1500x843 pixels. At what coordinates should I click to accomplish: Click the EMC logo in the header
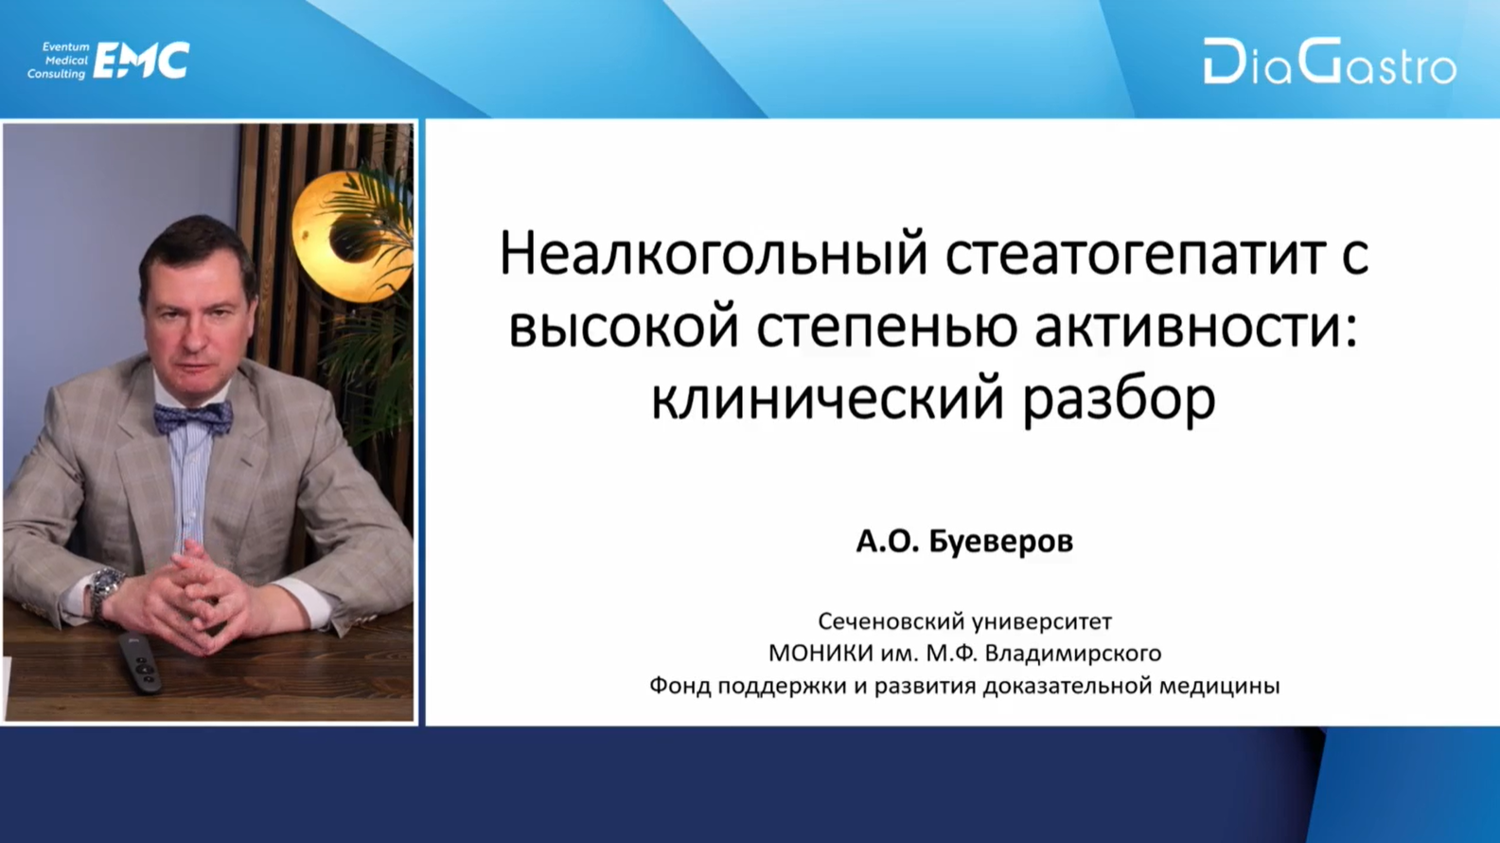coord(141,61)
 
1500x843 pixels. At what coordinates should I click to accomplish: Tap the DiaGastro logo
coord(1330,62)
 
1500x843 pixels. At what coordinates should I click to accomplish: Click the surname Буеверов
coord(1001,542)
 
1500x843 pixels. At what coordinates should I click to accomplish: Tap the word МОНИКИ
coord(820,653)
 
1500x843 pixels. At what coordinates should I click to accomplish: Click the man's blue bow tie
coord(193,416)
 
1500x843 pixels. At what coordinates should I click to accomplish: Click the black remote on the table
coord(139,663)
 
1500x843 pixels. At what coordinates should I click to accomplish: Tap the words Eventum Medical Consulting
coord(59,61)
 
